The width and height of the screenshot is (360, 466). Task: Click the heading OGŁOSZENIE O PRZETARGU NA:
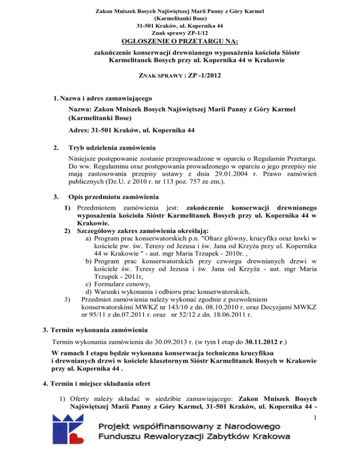(x=180, y=43)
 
